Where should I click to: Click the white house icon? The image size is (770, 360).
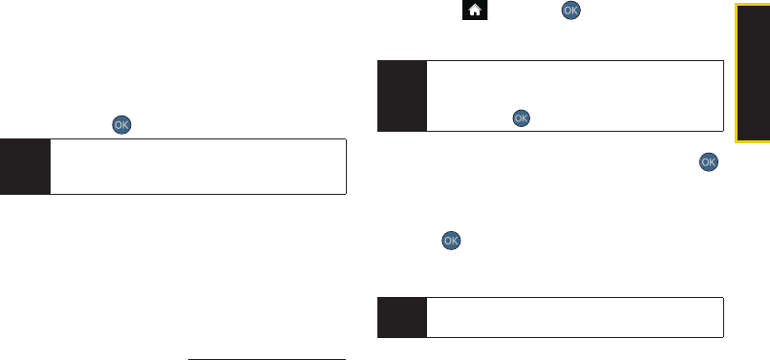(x=475, y=10)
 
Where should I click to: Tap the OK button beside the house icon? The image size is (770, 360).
(x=570, y=11)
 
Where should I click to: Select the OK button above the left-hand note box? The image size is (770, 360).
(x=121, y=125)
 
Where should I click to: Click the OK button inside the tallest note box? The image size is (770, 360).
(x=521, y=118)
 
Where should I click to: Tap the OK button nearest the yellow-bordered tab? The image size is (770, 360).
(x=709, y=162)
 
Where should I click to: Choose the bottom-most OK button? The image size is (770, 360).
(x=451, y=241)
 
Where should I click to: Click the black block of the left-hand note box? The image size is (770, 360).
(x=25, y=166)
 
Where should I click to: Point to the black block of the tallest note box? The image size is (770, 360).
(x=401, y=95)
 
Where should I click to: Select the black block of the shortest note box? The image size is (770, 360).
(x=401, y=317)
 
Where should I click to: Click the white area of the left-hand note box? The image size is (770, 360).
(x=198, y=166)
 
